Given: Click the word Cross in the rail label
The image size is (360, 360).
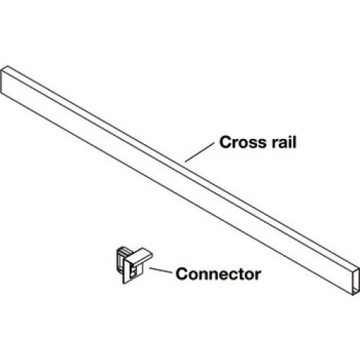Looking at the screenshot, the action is pyautogui.click(x=243, y=143).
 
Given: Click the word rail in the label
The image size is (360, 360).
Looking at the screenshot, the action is pyautogui.click(x=284, y=142).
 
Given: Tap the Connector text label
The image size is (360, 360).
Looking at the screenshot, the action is pyautogui.click(x=218, y=274).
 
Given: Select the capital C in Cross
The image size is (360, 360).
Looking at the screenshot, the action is pyautogui.click(x=225, y=143).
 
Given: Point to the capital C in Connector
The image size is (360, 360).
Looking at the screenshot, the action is pyautogui.click(x=181, y=274).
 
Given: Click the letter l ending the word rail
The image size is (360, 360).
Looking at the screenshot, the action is pyautogui.click(x=294, y=142).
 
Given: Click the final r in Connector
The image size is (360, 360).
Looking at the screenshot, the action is pyautogui.click(x=258, y=275).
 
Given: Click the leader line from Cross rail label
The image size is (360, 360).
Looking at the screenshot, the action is pyautogui.click(x=199, y=153).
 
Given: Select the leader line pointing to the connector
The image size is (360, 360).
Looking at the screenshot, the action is pyautogui.click(x=161, y=270).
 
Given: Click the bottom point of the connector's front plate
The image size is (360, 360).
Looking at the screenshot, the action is pyautogui.click(x=124, y=284).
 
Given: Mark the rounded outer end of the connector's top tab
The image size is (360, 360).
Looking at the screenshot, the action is pyautogui.click(x=150, y=254).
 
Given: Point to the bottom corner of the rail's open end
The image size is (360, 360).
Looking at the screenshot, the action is pyautogui.click(x=354, y=295).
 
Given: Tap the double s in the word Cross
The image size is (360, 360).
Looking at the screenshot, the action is pyautogui.click(x=258, y=144).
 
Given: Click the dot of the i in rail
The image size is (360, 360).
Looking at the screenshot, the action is pyautogui.click(x=289, y=137).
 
